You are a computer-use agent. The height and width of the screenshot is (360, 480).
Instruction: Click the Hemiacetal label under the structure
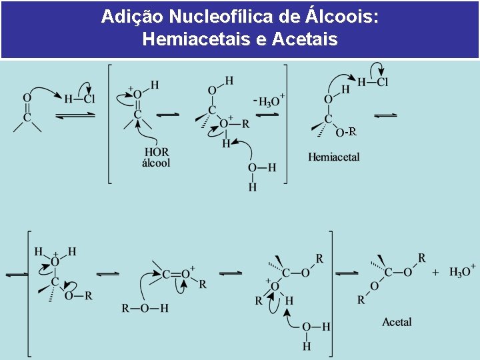click(x=333, y=157)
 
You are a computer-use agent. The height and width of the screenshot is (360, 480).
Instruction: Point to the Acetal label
click(x=397, y=322)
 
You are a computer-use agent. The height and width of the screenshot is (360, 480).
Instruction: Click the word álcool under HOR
click(x=157, y=162)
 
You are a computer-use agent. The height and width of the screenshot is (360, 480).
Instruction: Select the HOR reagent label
click(x=157, y=151)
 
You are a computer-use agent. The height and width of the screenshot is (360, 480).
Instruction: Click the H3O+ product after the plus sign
click(x=462, y=271)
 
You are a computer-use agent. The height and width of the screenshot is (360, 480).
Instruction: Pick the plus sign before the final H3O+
click(x=436, y=272)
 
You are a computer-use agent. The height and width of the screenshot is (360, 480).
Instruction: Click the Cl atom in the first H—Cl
click(x=89, y=99)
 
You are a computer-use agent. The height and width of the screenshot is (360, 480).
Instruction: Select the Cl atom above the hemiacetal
click(x=382, y=82)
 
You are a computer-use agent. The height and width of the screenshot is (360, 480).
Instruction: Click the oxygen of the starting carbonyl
click(x=27, y=97)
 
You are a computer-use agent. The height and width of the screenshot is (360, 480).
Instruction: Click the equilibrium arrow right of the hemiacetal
click(x=385, y=115)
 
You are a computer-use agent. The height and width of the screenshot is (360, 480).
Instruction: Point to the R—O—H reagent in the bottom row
click(x=145, y=308)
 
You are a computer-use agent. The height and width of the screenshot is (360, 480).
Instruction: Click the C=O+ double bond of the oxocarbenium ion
click(x=177, y=273)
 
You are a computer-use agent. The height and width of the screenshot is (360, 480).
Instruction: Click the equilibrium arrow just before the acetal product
click(x=347, y=273)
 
